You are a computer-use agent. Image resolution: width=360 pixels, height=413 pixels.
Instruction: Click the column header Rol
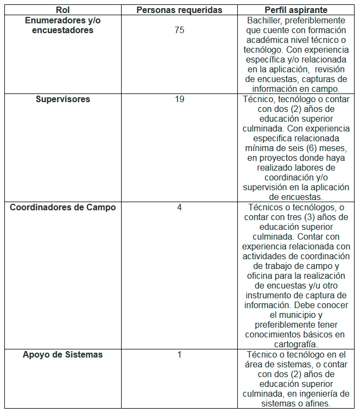tap(62, 10)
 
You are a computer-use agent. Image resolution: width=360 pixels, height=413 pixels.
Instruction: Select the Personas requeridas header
tap(179, 10)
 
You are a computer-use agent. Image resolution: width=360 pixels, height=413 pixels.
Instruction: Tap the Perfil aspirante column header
tap(295, 10)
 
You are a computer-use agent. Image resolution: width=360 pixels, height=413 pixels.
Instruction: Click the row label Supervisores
tap(62, 99)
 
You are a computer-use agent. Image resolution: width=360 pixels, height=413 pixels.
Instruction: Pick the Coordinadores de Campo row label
tap(62, 208)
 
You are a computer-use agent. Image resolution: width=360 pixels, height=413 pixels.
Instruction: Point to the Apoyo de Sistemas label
tap(62, 355)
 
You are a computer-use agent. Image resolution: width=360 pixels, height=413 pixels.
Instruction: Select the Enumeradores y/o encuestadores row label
tap(62, 26)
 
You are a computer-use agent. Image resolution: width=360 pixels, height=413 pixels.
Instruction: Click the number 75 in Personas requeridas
tap(179, 30)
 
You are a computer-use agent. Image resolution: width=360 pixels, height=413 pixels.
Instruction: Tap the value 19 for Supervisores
tap(179, 99)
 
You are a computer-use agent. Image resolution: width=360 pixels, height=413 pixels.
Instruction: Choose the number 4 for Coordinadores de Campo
tap(179, 208)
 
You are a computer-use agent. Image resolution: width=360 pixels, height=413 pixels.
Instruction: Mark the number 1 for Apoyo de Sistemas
tap(179, 355)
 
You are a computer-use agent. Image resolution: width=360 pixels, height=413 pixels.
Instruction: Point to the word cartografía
tap(295, 345)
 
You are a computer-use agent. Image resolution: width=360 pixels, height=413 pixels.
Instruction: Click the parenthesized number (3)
tap(313, 217)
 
